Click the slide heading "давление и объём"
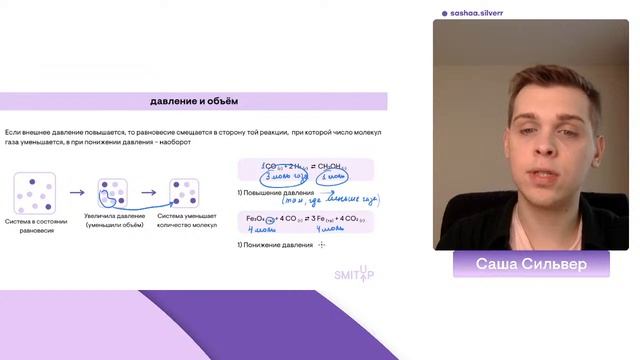[x=194, y=101]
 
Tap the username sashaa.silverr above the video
[x=477, y=14]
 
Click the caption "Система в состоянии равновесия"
[x=36, y=225]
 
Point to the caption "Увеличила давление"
[x=113, y=220]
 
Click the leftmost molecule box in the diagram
[x=35, y=192]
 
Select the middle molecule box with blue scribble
[x=112, y=192]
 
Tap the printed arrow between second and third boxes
[x=149, y=193]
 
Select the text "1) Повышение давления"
[x=275, y=192]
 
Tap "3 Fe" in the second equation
[x=315, y=218]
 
